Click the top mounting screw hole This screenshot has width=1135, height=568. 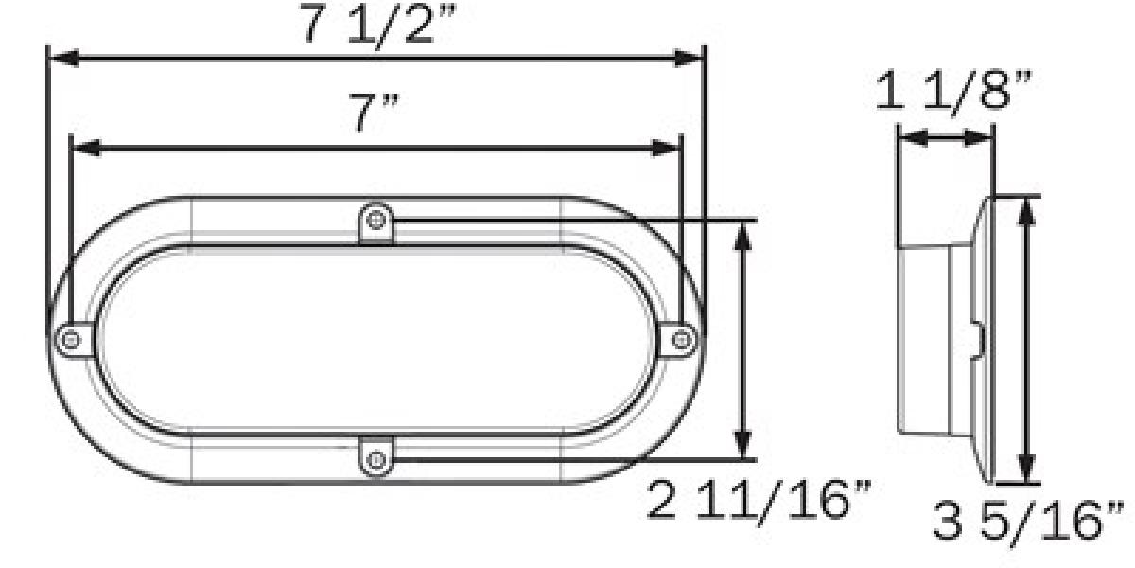point(377,222)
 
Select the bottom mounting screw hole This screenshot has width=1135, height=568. point(377,460)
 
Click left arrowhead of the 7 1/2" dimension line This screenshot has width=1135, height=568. point(61,59)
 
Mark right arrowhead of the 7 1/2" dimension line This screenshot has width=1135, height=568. point(691,59)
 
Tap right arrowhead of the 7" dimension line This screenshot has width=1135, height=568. point(668,147)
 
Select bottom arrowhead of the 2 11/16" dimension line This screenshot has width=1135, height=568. point(745,445)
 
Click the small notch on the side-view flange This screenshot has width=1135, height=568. point(980,338)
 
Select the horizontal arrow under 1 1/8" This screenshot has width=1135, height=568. point(945,138)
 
